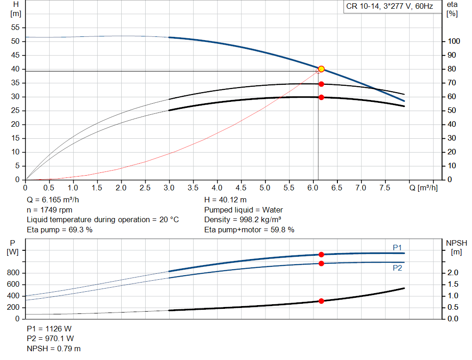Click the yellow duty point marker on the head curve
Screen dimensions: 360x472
pos(321,69)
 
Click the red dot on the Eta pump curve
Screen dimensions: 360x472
pos(321,84)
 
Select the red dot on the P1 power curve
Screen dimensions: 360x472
pos(321,254)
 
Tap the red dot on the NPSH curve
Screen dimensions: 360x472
pos(321,301)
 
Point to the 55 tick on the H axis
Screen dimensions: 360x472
pos(16,28)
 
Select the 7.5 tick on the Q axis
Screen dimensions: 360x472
pos(384,188)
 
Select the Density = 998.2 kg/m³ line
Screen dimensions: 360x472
pos(243,219)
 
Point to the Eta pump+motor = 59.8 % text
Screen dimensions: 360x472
pos(249,230)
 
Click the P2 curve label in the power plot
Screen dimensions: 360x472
pos(397,268)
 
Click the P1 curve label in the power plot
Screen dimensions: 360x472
pos(397,248)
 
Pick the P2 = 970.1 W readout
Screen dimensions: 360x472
pos(49,339)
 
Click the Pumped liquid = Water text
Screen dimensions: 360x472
pos(243,210)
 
